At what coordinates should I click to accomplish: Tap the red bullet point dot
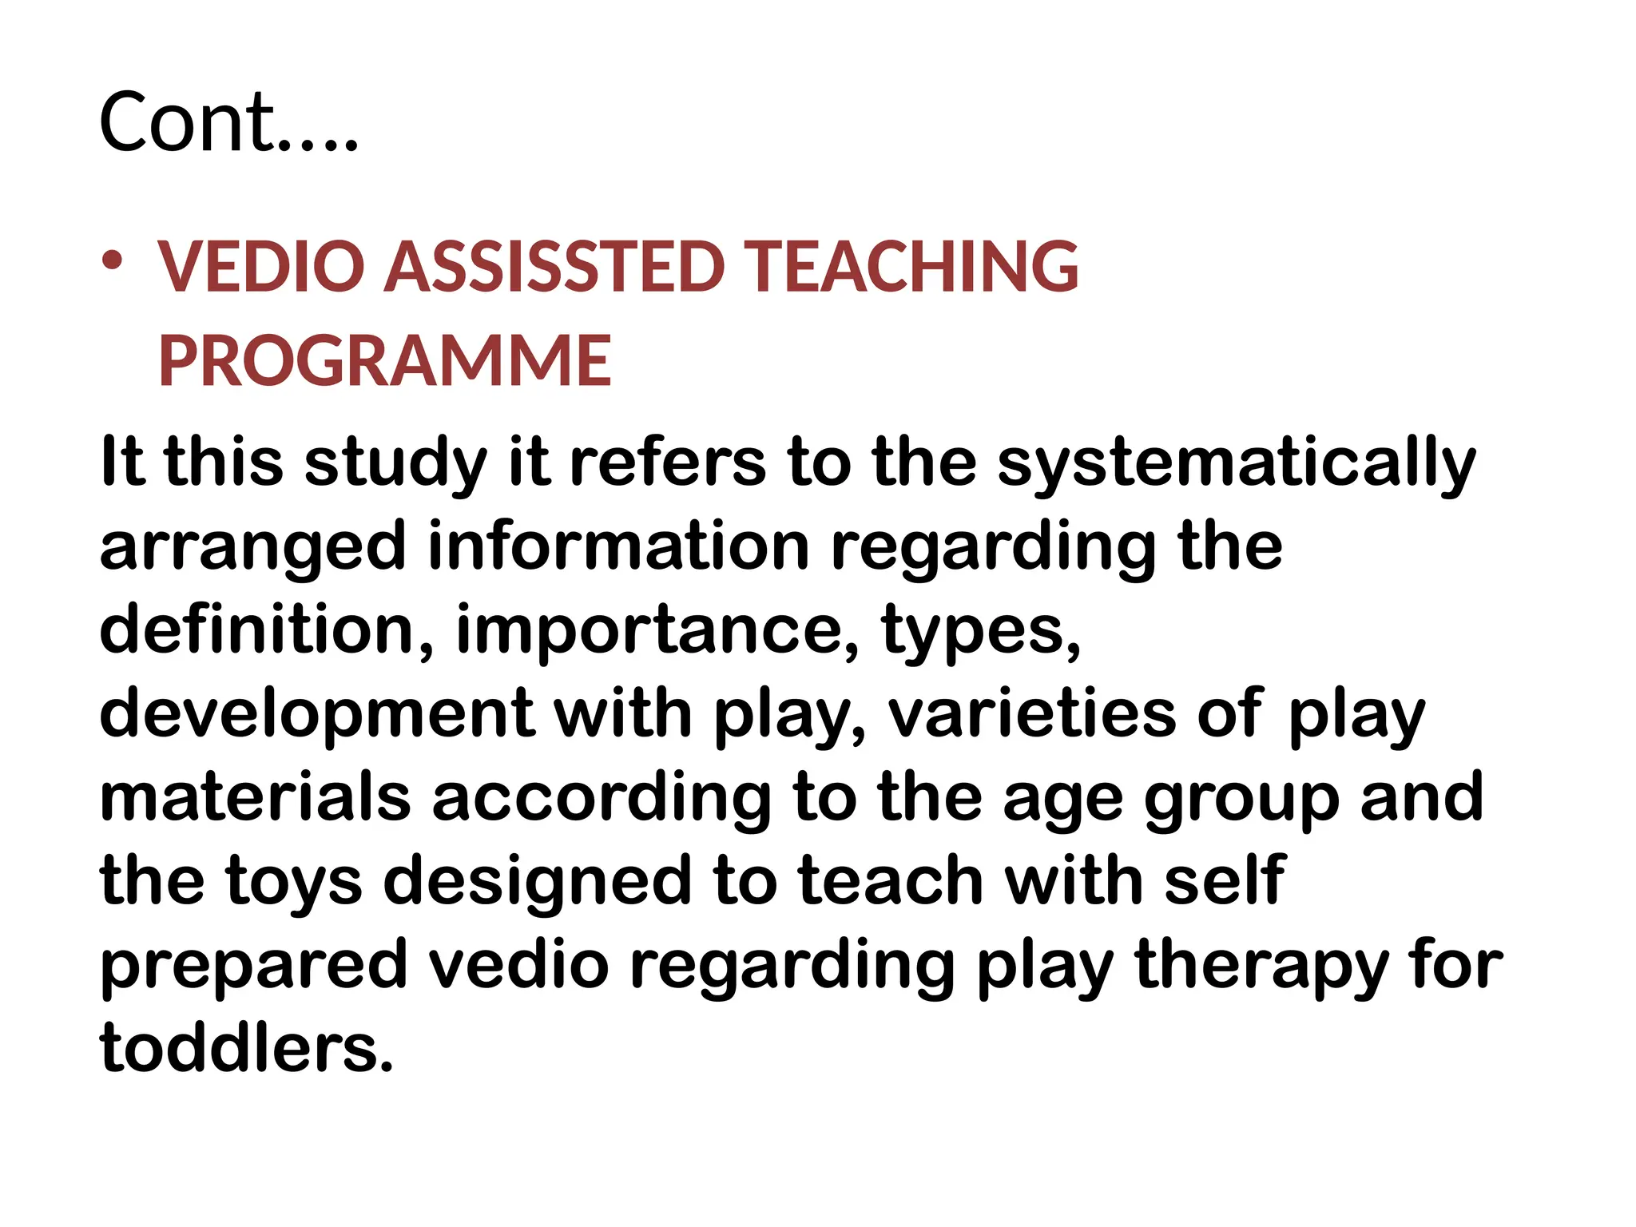click(112, 260)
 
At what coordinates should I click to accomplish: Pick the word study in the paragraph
click(395, 463)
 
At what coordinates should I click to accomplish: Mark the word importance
click(655, 631)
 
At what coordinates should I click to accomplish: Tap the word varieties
click(1031, 713)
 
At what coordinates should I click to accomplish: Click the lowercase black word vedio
click(519, 964)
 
